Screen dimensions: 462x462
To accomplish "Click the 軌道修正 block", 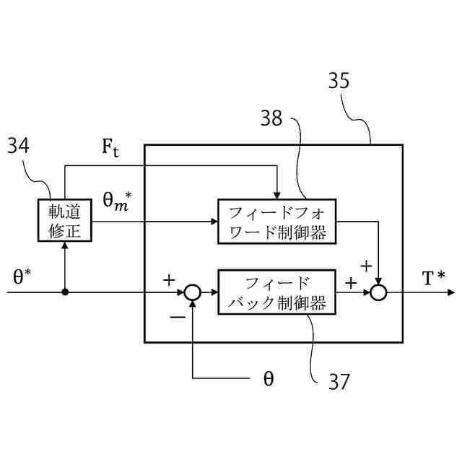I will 66,221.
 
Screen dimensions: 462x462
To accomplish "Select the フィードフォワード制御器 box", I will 276,222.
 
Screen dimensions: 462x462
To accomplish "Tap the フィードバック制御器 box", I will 276,292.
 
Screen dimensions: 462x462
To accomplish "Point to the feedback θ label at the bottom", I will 268,378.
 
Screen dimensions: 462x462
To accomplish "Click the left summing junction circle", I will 192,292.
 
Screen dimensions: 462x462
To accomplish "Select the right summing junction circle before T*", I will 379,292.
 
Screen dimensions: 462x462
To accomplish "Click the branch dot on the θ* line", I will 66,292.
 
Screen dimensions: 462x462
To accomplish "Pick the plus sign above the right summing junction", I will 366,266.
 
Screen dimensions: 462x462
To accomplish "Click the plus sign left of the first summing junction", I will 170,279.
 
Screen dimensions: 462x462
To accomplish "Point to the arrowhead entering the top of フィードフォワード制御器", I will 276,194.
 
